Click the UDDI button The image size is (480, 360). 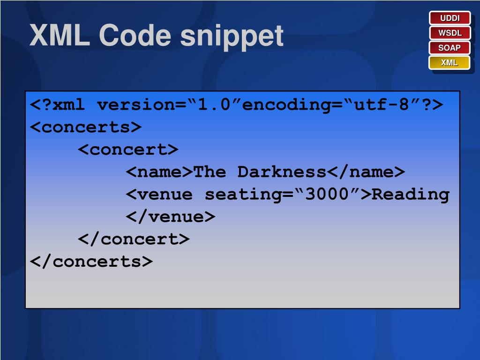click(450, 18)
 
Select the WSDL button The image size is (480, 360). click(450, 33)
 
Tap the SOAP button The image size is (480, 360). click(450, 48)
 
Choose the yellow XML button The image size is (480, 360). click(450, 62)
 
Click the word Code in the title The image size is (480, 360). click(135, 35)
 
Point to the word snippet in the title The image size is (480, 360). click(232, 36)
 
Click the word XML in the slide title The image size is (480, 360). click(60, 35)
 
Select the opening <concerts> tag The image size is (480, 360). click(86, 127)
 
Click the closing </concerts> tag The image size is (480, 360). click(91, 261)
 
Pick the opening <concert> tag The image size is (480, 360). click(128, 150)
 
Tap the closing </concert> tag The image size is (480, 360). click(134, 239)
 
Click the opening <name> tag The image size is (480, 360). click(159, 172)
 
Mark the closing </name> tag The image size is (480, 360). click(366, 172)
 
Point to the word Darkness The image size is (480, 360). click(282, 172)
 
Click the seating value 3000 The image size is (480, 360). click(327, 194)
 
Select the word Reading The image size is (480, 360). click(411, 194)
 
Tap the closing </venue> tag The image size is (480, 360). click(171, 217)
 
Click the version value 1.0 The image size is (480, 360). click(215, 105)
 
